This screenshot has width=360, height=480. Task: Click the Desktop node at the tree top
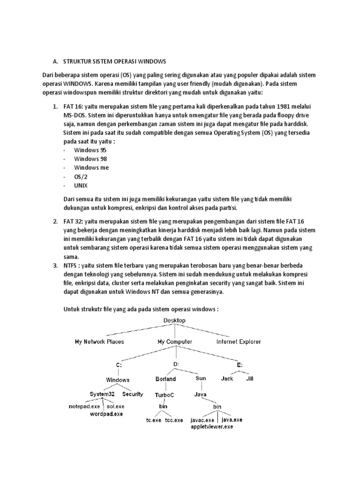(174, 320)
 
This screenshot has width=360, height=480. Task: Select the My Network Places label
(99, 342)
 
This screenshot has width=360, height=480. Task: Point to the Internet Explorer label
(239, 342)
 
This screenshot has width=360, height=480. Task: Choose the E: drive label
(240, 365)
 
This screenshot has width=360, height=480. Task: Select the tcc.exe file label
(174, 420)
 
